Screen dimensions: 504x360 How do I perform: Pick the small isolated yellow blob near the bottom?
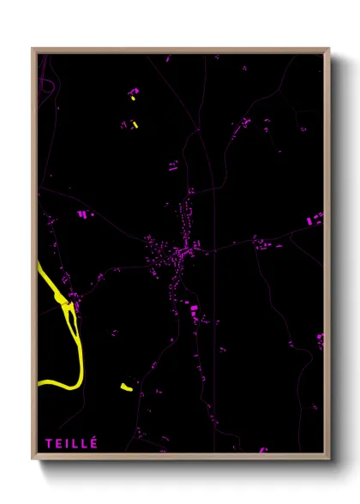(x=127, y=387)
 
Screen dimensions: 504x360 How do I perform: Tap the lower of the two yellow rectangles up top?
(x=135, y=124)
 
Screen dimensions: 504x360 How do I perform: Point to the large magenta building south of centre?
(x=194, y=306)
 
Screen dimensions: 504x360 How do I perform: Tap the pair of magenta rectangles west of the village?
(x=83, y=213)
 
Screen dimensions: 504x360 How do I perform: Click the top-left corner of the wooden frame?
(x=33, y=50)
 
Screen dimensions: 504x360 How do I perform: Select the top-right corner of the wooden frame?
(x=328, y=50)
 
